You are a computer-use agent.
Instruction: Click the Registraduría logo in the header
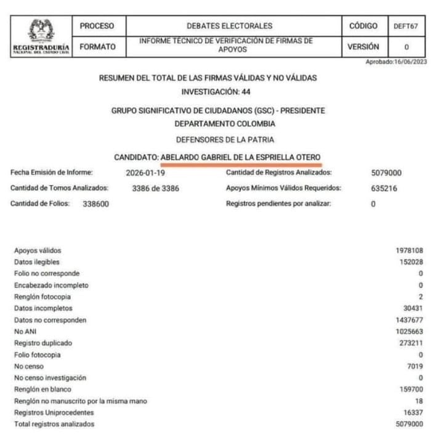41,36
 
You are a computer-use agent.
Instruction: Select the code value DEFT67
406,26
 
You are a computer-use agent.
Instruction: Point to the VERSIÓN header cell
363,47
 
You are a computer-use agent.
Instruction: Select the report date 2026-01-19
145,173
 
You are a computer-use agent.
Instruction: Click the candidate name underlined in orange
241,157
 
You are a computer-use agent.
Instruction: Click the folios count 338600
96,204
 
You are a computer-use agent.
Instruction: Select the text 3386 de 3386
155,189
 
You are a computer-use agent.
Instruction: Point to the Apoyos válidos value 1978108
409,250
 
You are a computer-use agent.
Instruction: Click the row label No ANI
25,331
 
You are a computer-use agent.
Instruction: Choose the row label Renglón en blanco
42,390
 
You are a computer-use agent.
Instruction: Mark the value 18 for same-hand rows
419,401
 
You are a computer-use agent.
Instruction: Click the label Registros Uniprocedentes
54,413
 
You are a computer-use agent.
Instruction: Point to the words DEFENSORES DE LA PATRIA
225,140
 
